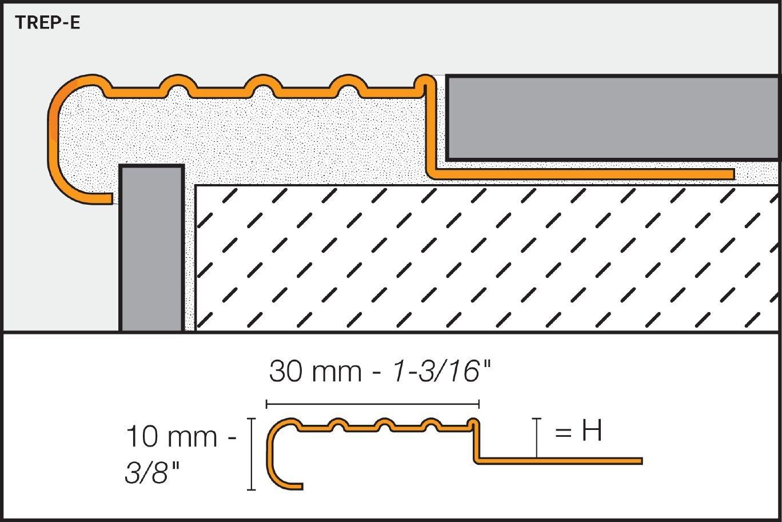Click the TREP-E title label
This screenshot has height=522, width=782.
[47, 23]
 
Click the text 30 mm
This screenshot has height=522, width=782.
[316, 372]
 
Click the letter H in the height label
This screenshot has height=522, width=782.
[592, 431]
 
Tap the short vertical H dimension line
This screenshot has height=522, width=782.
[536, 438]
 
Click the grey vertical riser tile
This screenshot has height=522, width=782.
[151, 249]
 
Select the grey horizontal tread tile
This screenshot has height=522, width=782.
[612, 118]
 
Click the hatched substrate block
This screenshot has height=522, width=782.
[486, 257]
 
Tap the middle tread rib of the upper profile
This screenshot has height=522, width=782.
[262, 85]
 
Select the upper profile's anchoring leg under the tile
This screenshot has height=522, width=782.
[583, 174]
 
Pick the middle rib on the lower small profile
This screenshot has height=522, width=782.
[385, 424]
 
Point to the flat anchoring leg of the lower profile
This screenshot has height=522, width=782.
[560, 461]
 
